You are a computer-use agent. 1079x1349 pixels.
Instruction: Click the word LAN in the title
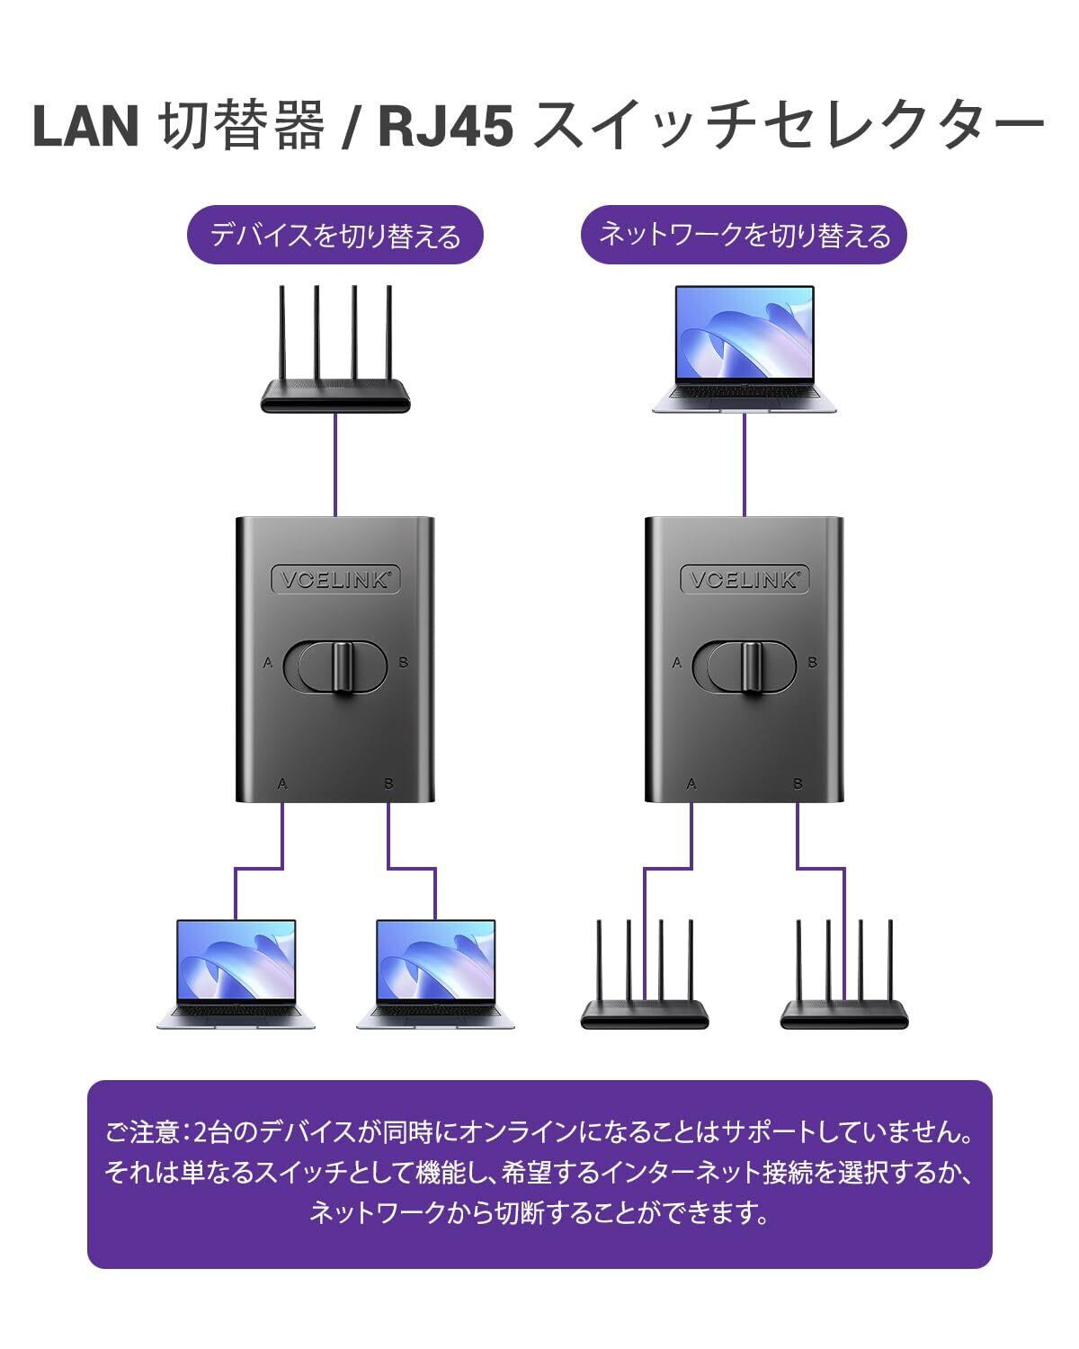[x=85, y=126]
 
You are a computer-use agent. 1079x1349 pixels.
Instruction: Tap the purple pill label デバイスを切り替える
[x=334, y=236]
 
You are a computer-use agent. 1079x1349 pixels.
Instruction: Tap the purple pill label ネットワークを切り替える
[x=744, y=236]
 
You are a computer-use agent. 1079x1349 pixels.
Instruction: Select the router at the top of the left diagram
[x=335, y=360]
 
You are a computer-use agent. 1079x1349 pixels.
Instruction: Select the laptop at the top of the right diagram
[x=745, y=351]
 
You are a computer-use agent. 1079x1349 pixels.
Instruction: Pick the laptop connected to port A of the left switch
[x=236, y=974]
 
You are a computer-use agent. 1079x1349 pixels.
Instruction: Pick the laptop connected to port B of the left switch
[x=435, y=974]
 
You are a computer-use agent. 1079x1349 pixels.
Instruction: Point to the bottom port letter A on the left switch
[x=282, y=784]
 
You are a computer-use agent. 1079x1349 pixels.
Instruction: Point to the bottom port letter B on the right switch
[x=798, y=784]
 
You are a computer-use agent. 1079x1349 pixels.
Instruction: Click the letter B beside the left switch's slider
[x=403, y=663]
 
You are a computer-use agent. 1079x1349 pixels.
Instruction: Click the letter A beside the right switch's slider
[x=677, y=663]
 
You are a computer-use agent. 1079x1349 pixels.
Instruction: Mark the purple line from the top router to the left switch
[x=335, y=463]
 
